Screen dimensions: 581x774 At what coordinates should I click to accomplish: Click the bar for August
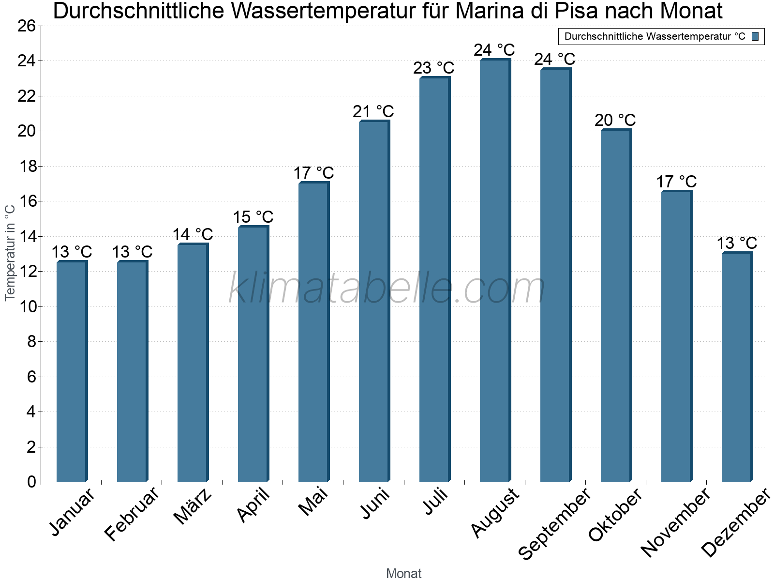pyautogui.click(x=495, y=271)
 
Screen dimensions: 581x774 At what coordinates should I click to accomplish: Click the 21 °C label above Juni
pyautogui.click(x=373, y=112)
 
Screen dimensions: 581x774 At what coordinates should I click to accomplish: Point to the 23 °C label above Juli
pyautogui.click(x=433, y=68)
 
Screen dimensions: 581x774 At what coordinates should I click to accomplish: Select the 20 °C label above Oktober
pyautogui.click(x=615, y=120)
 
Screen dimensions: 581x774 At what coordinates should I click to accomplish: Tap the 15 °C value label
pyautogui.click(x=253, y=217)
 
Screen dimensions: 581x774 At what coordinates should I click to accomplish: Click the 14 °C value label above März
pyautogui.click(x=193, y=235)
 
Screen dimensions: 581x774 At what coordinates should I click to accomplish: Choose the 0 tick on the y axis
pyautogui.click(x=31, y=482)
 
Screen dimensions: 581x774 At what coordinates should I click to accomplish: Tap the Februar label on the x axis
pyautogui.click(x=132, y=514)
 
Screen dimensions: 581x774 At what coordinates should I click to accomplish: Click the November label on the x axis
pyautogui.click(x=676, y=522)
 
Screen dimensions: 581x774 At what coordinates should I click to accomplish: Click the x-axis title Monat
pyautogui.click(x=404, y=574)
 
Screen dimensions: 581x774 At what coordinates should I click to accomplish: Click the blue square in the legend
pyautogui.click(x=756, y=36)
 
